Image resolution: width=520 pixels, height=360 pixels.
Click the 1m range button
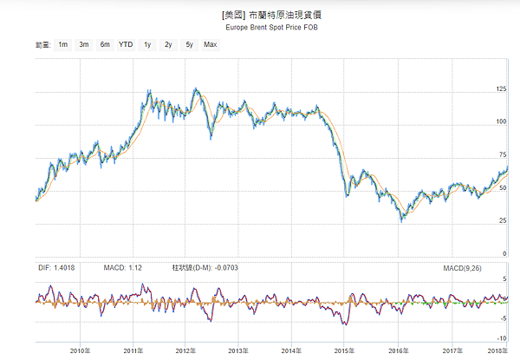tap(63, 43)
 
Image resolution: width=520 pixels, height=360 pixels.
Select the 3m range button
tap(84, 43)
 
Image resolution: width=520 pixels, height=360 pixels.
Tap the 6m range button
tap(105, 43)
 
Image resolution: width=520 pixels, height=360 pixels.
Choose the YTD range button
tap(127, 43)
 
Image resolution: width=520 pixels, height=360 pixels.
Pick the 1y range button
tap(148, 43)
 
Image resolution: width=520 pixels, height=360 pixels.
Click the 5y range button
tap(189, 43)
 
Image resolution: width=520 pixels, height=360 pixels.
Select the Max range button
tap(210, 43)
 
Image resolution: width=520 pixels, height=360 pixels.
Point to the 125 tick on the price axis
tap(501, 88)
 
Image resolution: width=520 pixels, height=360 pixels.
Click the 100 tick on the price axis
tap(501, 121)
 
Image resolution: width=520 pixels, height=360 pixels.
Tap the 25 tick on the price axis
tap(502, 220)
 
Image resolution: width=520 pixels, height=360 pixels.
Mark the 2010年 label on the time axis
tap(80, 350)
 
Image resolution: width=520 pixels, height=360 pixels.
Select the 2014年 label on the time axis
tap(292, 350)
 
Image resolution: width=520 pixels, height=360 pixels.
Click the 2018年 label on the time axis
tap(495, 350)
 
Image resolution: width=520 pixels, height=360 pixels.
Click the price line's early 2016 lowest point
tap(401, 221)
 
